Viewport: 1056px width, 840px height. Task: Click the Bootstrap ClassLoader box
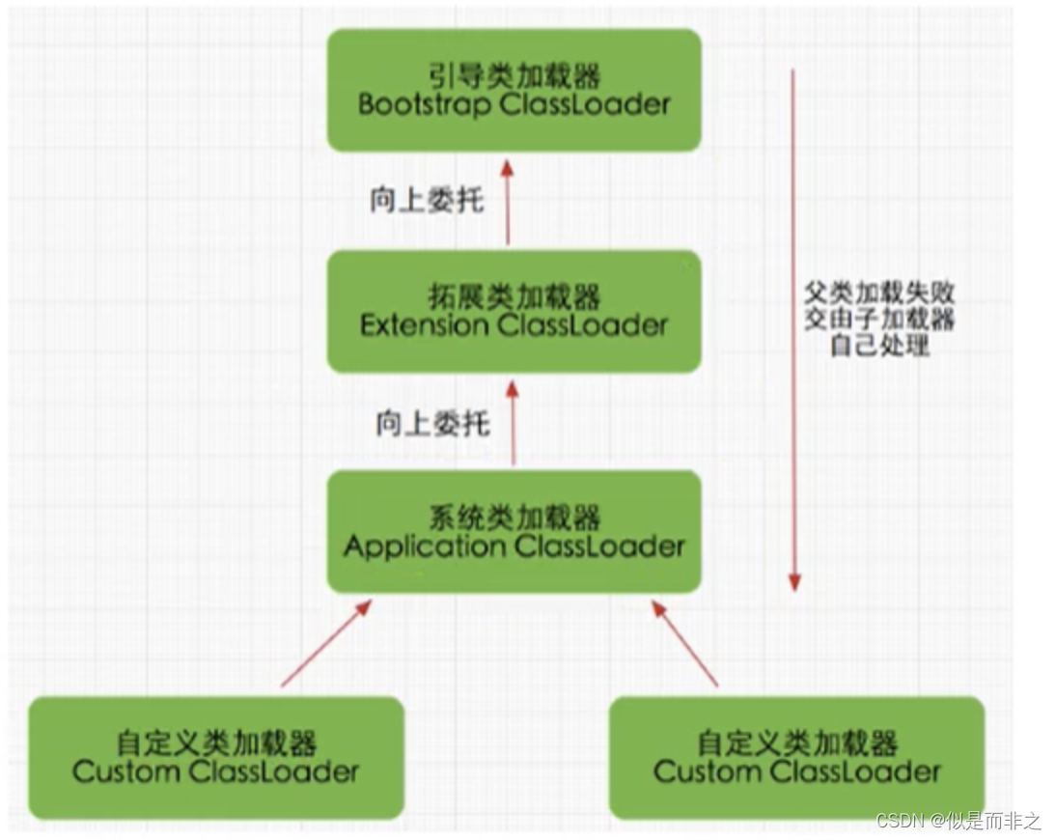pos(514,90)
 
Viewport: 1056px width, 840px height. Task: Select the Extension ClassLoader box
pos(514,311)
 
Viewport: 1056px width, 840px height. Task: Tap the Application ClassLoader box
pos(514,531)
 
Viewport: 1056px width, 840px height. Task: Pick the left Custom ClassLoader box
pos(215,757)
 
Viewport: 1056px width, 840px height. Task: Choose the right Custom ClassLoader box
pos(796,757)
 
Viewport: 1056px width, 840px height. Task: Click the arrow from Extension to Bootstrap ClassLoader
pos(508,201)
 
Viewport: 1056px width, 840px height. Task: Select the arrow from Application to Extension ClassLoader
pos(513,421)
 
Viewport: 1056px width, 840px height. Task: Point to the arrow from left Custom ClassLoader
pos(325,644)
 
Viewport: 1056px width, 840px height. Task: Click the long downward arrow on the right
pos(793,328)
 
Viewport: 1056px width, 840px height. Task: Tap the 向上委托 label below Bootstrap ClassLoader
pos(427,201)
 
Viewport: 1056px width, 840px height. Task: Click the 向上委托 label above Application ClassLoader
pos(432,423)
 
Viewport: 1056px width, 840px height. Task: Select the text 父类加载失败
pos(879,293)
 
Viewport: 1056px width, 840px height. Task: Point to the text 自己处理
pos(879,345)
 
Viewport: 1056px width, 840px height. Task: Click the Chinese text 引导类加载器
pos(514,74)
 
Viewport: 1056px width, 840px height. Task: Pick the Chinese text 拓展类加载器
pos(514,295)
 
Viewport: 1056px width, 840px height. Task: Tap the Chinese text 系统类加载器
pos(514,517)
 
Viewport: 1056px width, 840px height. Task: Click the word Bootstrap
pos(424,104)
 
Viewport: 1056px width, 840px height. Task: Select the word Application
pos(424,546)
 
